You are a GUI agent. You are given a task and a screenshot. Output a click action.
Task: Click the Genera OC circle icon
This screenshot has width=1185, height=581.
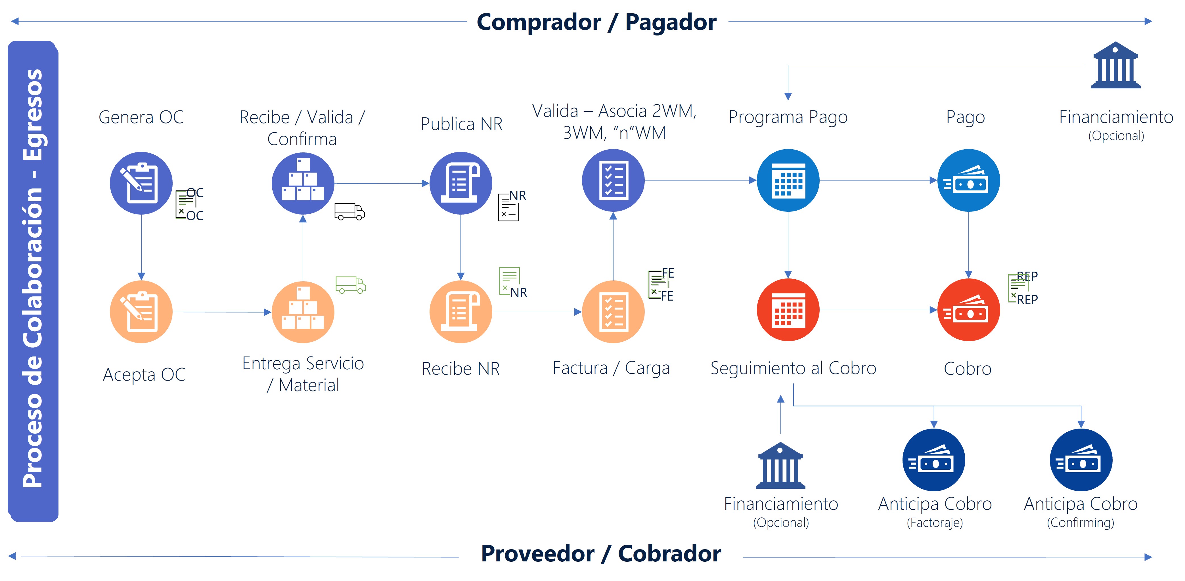(x=141, y=183)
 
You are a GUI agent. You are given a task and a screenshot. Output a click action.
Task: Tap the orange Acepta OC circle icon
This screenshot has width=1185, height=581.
(x=141, y=312)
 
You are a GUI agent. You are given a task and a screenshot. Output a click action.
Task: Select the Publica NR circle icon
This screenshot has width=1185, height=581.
(x=460, y=183)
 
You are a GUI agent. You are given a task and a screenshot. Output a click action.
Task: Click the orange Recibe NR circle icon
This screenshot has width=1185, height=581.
(x=460, y=312)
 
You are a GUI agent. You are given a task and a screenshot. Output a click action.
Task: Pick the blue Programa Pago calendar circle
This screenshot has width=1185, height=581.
(x=788, y=180)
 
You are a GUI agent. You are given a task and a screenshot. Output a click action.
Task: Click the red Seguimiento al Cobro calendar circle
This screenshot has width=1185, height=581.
(x=788, y=310)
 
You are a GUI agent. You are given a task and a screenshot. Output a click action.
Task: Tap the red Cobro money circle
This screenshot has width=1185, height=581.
(x=968, y=310)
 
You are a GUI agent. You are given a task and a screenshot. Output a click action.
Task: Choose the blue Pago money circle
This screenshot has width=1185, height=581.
(x=968, y=180)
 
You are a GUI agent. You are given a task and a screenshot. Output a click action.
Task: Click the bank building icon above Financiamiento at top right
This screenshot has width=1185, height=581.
(x=1115, y=65)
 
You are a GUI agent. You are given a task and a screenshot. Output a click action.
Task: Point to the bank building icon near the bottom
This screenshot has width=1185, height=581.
(x=781, y=465)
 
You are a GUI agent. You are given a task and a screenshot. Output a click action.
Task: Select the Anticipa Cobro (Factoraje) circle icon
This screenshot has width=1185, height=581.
(x=934, y=460)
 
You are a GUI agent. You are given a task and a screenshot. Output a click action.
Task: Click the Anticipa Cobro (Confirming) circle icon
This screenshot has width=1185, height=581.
(x=1081, y=460)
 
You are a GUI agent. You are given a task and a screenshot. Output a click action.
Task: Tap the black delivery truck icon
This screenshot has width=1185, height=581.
(x=349, y=212)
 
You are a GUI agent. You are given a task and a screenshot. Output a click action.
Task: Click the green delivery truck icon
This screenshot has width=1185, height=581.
(x=351, y=285)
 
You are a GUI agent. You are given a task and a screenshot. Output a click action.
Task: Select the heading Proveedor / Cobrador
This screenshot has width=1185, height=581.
(x=601, y=553)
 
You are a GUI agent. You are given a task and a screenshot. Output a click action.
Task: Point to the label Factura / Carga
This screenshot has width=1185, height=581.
(x=611, y=368)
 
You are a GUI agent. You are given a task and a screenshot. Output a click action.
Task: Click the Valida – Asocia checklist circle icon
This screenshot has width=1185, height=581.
(x=613, y=180)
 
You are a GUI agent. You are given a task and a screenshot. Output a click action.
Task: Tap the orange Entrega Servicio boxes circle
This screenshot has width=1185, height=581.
(x=303, y=312)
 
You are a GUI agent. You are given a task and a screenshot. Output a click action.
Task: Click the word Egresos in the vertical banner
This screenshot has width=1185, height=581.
(x=33, y=115)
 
